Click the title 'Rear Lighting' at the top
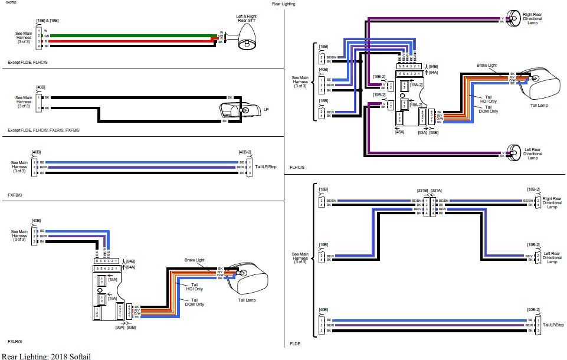tap(283, 4)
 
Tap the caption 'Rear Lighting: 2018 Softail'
tap(46, 356)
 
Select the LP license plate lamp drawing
tap(241, 110)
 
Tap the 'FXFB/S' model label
tap(15, 194)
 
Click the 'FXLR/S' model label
tap(15, 341)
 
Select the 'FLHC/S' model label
tap(297, 167)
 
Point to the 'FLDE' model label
tap(294, 342)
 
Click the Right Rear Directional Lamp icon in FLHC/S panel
tap(514, 18)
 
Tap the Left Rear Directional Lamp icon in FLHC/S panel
tap(514, 152)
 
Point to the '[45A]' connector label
tap(399, 132)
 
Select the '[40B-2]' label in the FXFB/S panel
tap(245, 152)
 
